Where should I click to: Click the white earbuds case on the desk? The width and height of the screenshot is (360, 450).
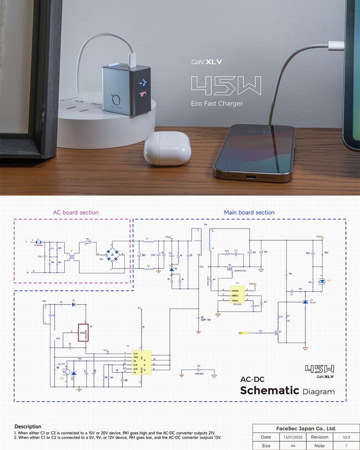[167, 148]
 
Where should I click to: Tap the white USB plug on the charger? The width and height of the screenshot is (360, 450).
[131, 59]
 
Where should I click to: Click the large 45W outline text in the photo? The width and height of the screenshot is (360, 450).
[226, 86]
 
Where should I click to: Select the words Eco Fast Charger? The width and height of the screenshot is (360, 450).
[217, 104]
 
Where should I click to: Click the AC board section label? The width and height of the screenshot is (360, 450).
[76, 212]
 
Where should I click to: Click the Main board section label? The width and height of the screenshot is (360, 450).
[249, 212]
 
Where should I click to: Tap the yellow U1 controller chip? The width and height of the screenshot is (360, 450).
[142, 362]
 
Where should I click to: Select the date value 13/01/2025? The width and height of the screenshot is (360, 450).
[289, 437]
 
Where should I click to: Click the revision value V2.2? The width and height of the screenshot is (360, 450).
[346, 437]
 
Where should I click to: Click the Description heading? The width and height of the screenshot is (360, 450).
[28, 426]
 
